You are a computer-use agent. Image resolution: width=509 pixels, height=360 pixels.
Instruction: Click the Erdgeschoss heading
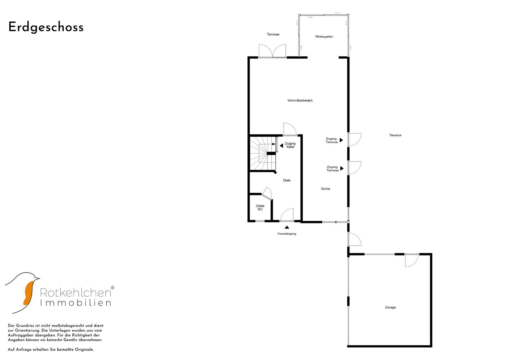tap(46, 27)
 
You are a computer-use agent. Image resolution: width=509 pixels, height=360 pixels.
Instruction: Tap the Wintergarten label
tap(324, 37)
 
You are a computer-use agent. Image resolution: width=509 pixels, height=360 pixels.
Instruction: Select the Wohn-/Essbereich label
tap(300, 100)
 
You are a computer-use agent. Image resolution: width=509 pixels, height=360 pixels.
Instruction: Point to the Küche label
tap(325, 189)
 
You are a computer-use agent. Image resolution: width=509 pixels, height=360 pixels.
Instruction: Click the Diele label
tap(287, 180)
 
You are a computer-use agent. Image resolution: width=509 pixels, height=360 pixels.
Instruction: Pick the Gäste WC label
tap(260, 207)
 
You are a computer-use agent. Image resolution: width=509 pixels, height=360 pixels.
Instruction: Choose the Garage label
tap(390, 307)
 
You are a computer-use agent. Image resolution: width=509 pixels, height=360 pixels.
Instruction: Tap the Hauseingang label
tap(287, 234)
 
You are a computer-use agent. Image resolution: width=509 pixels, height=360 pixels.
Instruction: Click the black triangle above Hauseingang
tap(287, 227)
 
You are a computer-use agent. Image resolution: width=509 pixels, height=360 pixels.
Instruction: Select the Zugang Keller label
tap(290, 145)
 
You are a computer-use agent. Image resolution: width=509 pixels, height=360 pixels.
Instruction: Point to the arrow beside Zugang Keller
tap(282, 146)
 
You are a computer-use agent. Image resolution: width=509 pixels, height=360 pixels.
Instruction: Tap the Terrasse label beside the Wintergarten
tap(273, 34)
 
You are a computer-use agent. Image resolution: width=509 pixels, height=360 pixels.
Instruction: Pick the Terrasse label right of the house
tap(395, 135)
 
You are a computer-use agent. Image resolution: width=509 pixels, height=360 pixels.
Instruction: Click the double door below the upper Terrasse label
tap(272, 51)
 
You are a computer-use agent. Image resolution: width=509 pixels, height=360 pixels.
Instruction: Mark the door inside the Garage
tap(412, 260)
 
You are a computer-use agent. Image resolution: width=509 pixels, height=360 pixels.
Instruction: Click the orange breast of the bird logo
tap(29, 293)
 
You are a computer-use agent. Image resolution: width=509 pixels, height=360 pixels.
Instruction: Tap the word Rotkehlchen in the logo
tap(76, 292)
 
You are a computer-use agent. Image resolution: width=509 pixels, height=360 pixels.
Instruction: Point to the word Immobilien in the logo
tap(76, 303)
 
